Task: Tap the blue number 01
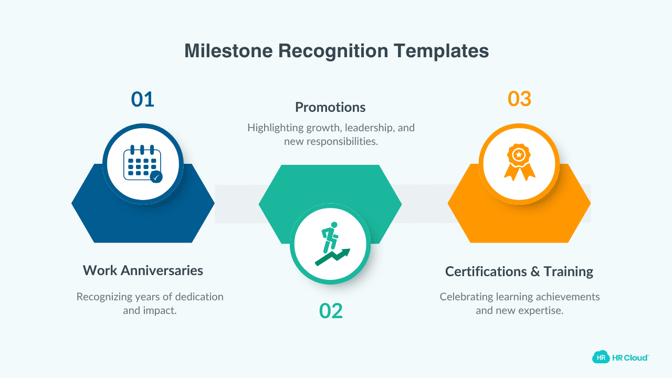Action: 142,99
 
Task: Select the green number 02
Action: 331,311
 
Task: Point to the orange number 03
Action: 519,99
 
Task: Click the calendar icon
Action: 141,162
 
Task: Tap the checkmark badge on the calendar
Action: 156,177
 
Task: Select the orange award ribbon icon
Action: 519,162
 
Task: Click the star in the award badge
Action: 519,154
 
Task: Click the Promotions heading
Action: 330,107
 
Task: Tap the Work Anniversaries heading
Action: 143,270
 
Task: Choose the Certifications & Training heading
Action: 519,271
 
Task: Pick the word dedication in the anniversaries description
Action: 197,297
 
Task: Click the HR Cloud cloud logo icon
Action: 601,357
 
